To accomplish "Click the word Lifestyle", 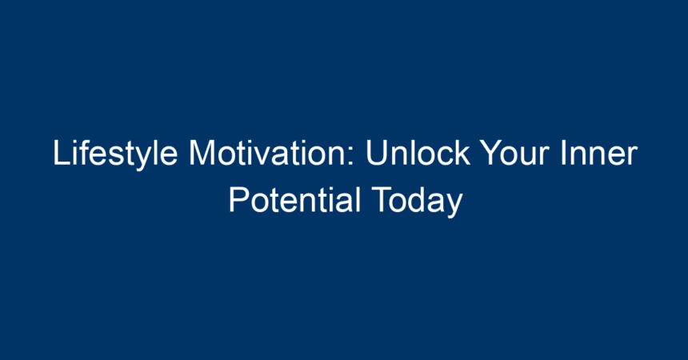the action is click(x=115, y=154).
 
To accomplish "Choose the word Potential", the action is click(x=294, y=199).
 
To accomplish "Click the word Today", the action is click(x=417, y=202).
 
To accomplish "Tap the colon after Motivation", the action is click(x=351, y=157).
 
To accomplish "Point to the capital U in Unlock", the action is click(x=377, y=154).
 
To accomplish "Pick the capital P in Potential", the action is click(x=239, y=199).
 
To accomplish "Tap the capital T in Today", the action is click(x=382, y=199).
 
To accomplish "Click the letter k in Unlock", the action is click(x=462, y=152).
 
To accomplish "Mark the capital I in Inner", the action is click(x=563, y=153).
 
